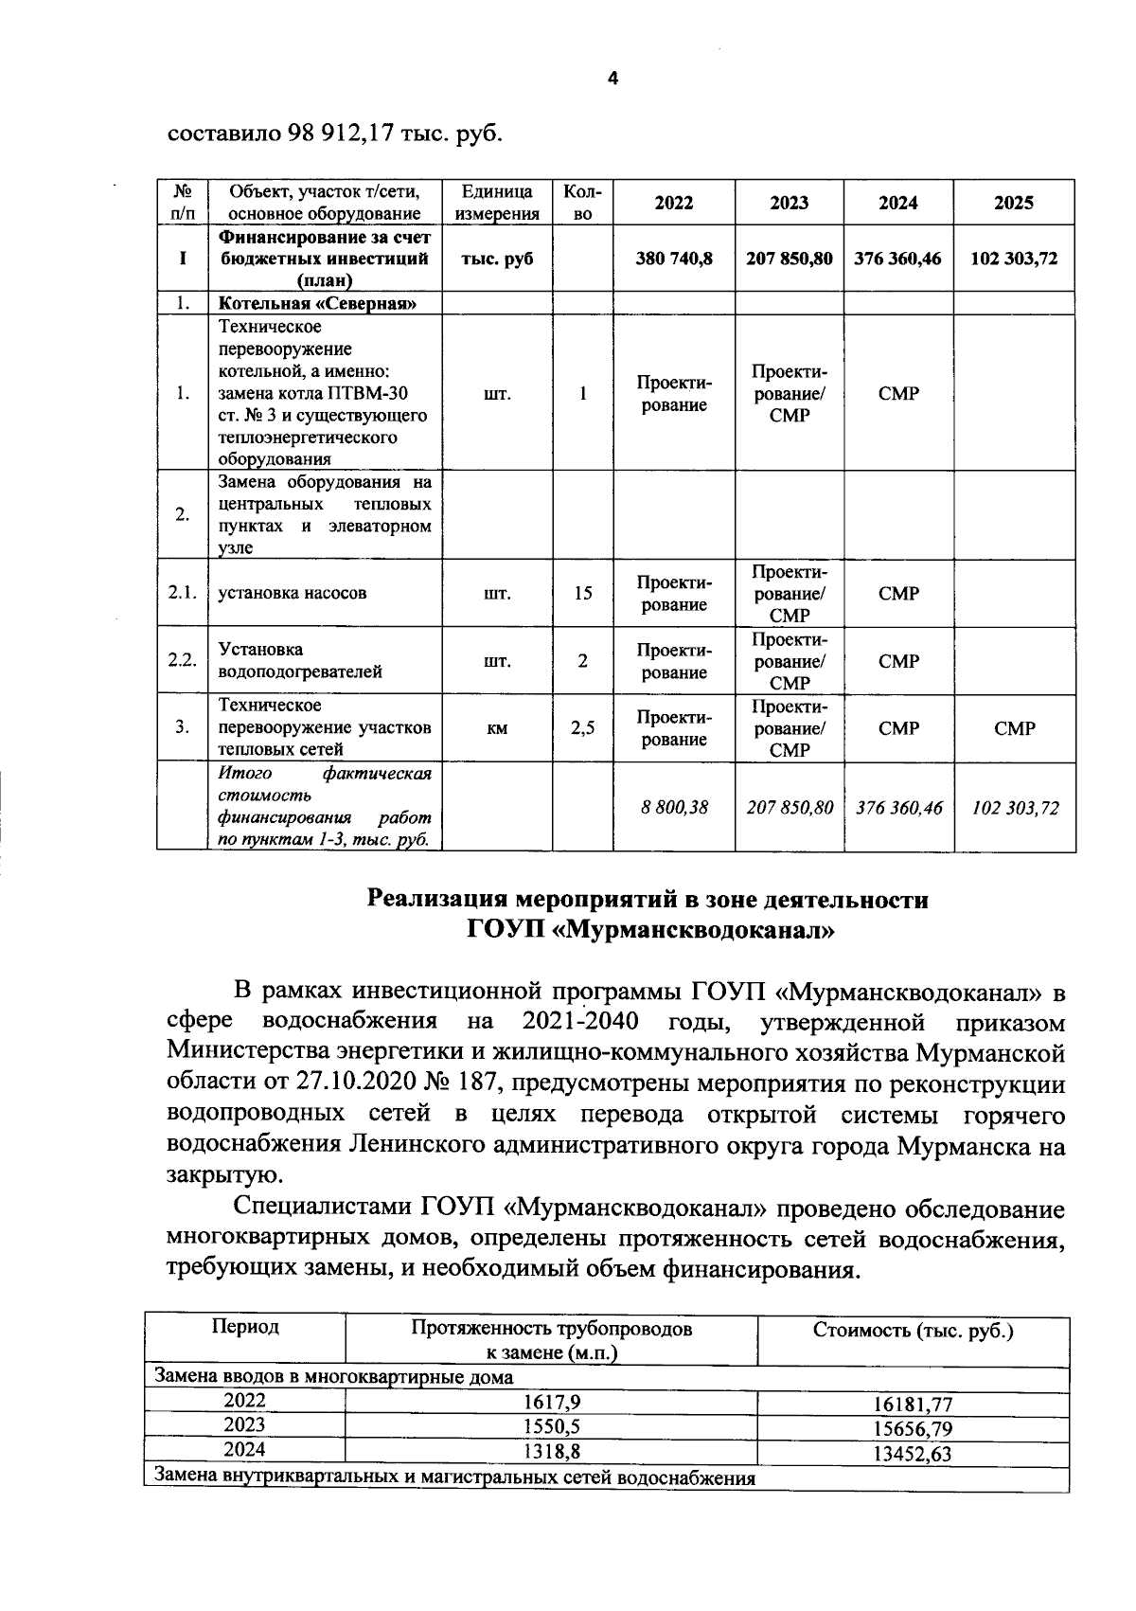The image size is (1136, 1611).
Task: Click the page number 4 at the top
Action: (x=612, y=80)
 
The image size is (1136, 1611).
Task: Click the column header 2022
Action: (x=674, y=203)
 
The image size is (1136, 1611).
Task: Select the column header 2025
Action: (x=1014, y=203)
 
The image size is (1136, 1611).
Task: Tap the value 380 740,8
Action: (x=674, y=259)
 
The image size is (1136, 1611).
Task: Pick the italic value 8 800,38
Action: (x=674, y=808)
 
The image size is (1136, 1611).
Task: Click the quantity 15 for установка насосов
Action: (x=583, y=593)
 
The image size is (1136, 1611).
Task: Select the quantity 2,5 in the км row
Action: (x=583, y=728)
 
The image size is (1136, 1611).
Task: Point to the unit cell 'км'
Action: (x=497, y=728)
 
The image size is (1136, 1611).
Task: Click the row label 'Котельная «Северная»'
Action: (x=318, y=304)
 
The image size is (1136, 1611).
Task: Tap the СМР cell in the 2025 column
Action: (x=1014, y=728)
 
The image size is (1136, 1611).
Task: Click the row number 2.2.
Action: (x=182, y=660)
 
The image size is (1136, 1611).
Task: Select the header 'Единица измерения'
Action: (x=497, y=203)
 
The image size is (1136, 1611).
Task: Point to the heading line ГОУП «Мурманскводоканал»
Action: (x=650, y=931)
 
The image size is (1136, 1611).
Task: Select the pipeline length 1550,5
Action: (x=551, y=1425)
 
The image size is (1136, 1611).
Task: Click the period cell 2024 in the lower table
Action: (x=244, y=1449)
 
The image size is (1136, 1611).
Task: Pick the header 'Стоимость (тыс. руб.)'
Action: (x=913, y=1331)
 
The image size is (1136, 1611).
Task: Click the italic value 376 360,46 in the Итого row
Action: (x=898, y=808)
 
